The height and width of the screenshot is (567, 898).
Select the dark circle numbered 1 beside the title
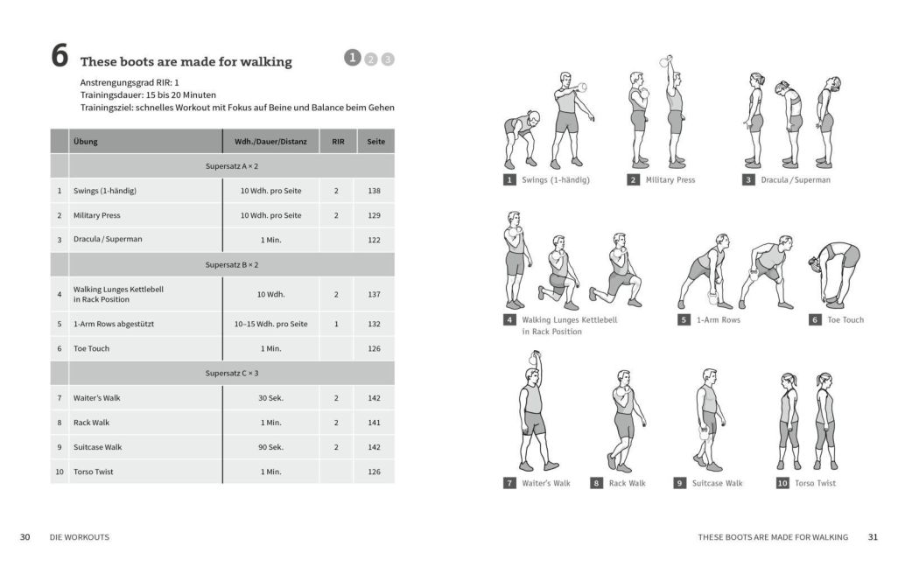click(353, 58)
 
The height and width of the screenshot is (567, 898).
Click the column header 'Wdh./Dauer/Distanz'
click(270, 142)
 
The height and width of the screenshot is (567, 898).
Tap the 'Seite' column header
click(375, 142)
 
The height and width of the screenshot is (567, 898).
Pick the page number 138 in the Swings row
click(375, 191)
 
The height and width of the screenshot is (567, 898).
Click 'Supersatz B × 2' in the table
click(232, 264)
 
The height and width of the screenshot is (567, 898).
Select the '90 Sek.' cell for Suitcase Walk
click(270, 447)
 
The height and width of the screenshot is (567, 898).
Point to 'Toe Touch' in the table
click(91, 348)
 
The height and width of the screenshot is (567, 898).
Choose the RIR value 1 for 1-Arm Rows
click(336, 324)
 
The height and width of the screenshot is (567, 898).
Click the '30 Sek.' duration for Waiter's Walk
click(270, 398)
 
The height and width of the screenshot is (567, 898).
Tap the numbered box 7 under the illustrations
click(509, 483)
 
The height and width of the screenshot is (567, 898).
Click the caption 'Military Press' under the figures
click(670, 180)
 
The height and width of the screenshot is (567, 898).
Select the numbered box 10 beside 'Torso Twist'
click(782, 483)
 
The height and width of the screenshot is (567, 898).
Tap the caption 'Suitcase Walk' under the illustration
click(717, 483)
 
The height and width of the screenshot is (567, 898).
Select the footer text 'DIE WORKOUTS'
click(80, 537)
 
